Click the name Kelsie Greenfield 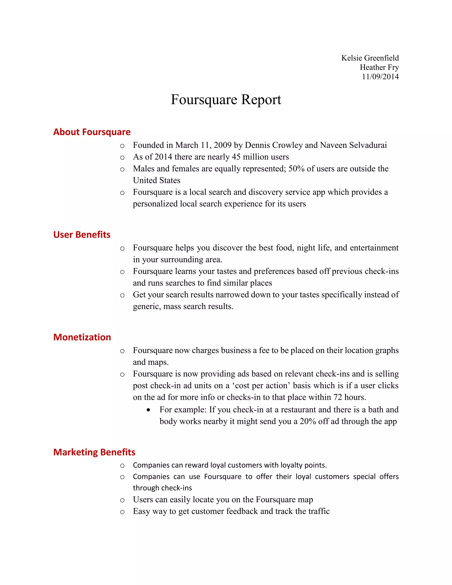pos(370,58)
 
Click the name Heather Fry pos(379,67)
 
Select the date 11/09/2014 pos(380,77)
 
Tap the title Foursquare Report pos(226,100)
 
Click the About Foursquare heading pos(92,132)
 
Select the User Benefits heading pos(82,235)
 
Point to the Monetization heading pos(82,337)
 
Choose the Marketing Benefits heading pos(94,452)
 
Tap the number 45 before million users pos(236,157)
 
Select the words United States pos(156,181)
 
